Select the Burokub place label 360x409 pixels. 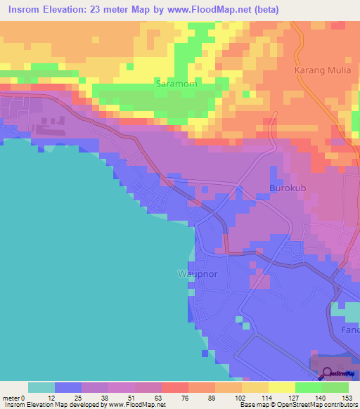(288, 188)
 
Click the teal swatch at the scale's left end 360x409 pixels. (41, 387)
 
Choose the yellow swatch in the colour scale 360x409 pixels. (281, 387)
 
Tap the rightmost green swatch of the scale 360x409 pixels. (335, 387)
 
